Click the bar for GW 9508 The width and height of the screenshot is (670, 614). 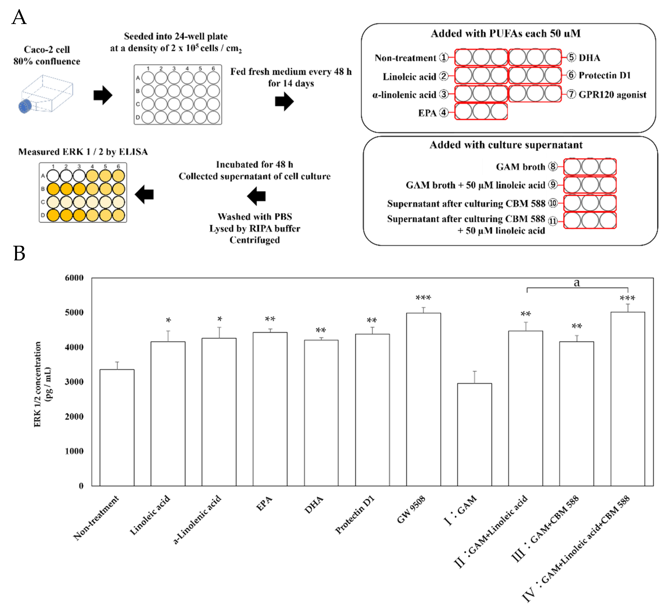[x=424, y=399]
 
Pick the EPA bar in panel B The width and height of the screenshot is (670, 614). [x=270, y=409]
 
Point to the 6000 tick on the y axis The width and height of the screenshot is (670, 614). [x=74, y=278]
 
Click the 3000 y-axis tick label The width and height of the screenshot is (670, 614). [x=74, y=382]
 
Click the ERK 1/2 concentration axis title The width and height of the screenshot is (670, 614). [x=42, y=384]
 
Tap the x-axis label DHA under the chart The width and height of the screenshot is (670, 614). [x=314, y=505]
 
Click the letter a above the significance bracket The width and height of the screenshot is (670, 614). [x=577, y=282]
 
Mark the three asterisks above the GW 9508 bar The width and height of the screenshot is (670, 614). [x=424, y=298]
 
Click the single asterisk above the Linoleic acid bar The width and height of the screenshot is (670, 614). [x=169, y=321]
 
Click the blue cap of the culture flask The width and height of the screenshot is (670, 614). [x=25, y=106]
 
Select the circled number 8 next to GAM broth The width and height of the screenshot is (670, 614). [x=553, y=167]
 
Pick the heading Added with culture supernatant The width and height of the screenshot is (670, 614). [x=506, y=145]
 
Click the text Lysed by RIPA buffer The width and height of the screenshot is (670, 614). [x=255, y=228]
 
